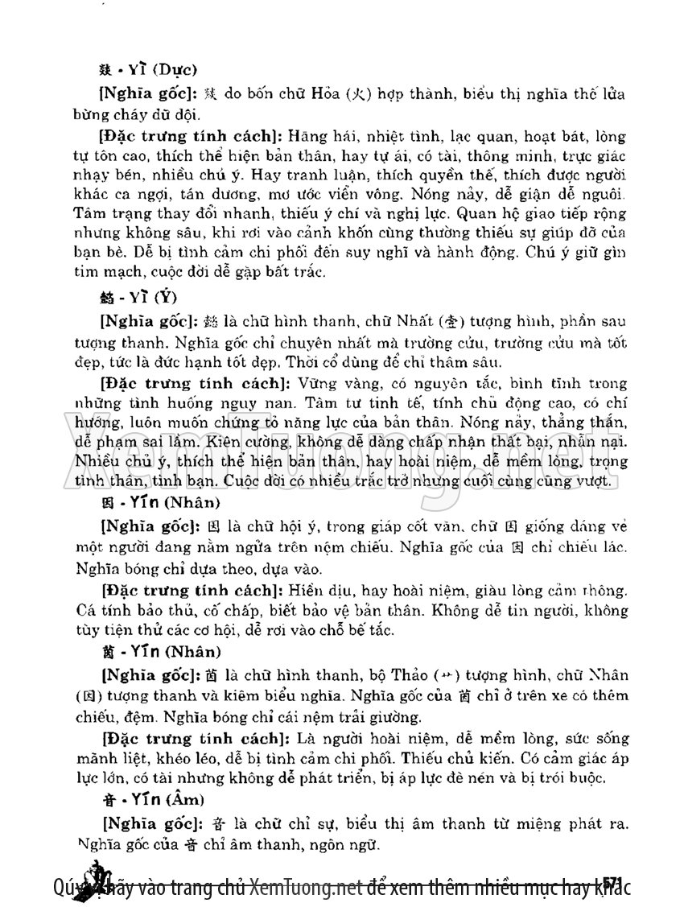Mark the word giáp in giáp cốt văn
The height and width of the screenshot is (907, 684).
coord(386,527)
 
